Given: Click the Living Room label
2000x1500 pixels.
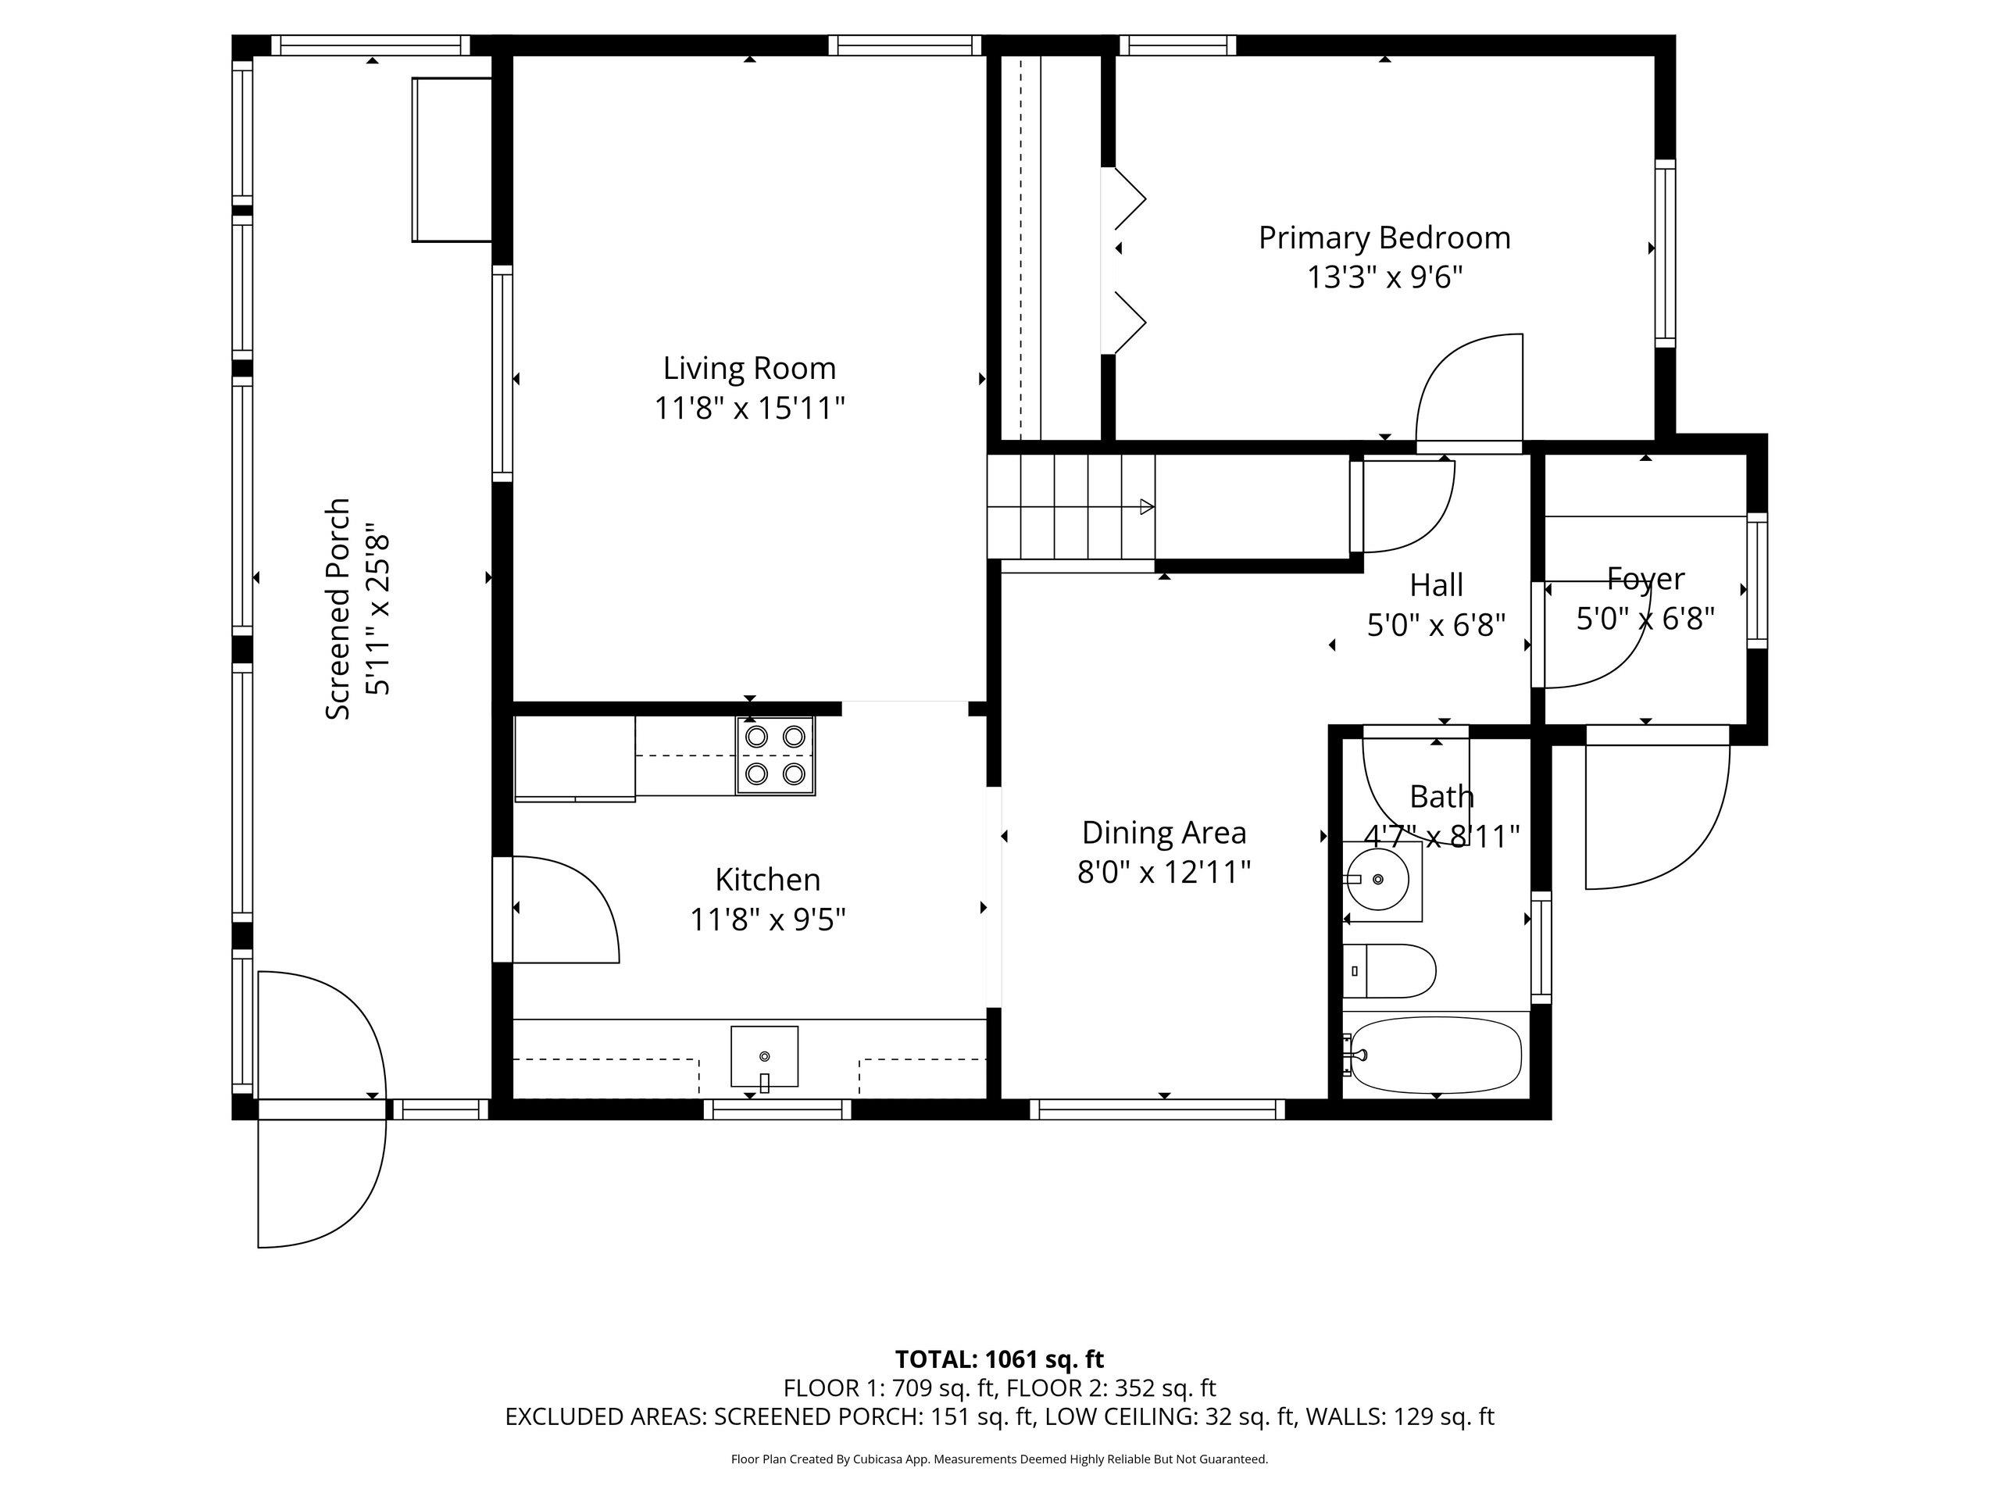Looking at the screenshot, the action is pyautogui.click(x=749, y=369).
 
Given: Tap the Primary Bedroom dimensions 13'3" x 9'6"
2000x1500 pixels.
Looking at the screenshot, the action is pyautogui.click(x=1384, y=277).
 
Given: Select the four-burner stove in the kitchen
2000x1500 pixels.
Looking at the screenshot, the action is pyautogui.click(x=776, y=756).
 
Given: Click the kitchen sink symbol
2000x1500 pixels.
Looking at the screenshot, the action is pyautogui.click(x=765, y=1056).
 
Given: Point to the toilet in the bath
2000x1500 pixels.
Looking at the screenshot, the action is pyautogui.click(x=1387, y=971).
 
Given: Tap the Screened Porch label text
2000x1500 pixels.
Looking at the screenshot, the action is pyautogui.click(x=337, y=609).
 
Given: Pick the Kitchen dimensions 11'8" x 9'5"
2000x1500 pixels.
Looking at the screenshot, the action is pyautogui.click(x=768, y=920).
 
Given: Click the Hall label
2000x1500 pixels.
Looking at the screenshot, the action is pyautogui.click(x=1437, y=586).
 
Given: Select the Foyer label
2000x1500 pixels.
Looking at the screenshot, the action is pyautogui.click(x=1645, y=579).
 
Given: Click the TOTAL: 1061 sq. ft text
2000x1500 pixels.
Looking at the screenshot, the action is pyautogui.click(x=999, y=1359).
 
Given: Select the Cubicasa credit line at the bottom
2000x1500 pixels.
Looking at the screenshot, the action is pyautogui.click(x=999, y=1459).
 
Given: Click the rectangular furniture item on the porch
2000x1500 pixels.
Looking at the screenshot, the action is pyautogui.click(x=452, y=159).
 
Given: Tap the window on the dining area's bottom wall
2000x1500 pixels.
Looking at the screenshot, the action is pyautogui.click(x=1157, y=1109).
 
